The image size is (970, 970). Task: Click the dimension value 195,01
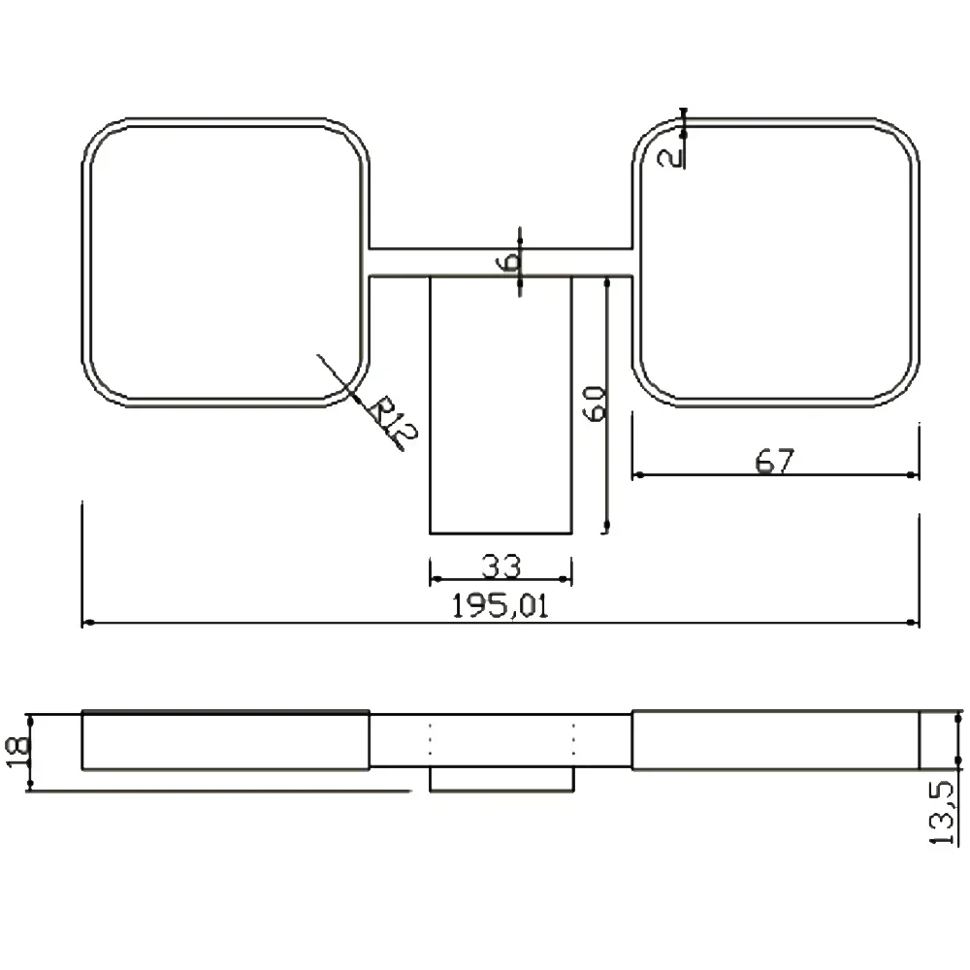[x=500, y=605]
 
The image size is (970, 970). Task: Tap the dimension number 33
[x=501, y=566]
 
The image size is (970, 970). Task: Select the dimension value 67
[x=774, y=462]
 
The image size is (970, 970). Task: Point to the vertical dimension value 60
[x=596, y=404]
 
